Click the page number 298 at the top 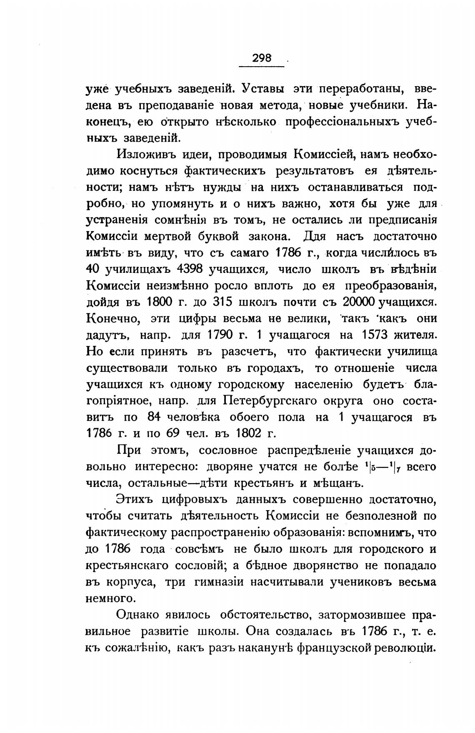pos(262,58)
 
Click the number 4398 pos(190,269)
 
